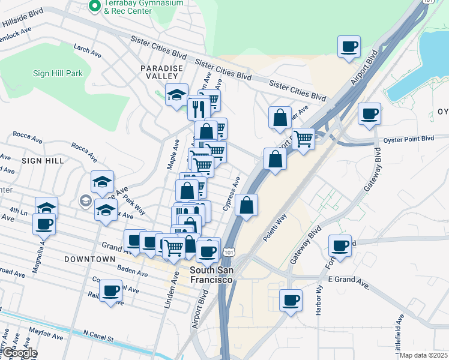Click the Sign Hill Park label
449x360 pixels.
(x=58, y=73)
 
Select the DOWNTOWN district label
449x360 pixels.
(x=89, y=259)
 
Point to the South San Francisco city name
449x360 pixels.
(x=211, y=275)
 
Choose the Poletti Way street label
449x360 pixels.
(x=278, y=226)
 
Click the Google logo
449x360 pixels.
(x=19, y=353)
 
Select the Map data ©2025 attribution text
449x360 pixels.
(x=424, y=355)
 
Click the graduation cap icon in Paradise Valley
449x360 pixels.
(x=177, y=95)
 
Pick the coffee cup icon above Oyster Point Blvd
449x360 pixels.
(x=369, y=113)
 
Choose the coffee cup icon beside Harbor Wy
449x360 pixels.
(x=291, y=299)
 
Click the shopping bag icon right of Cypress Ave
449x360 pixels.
(x=246, y=205)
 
